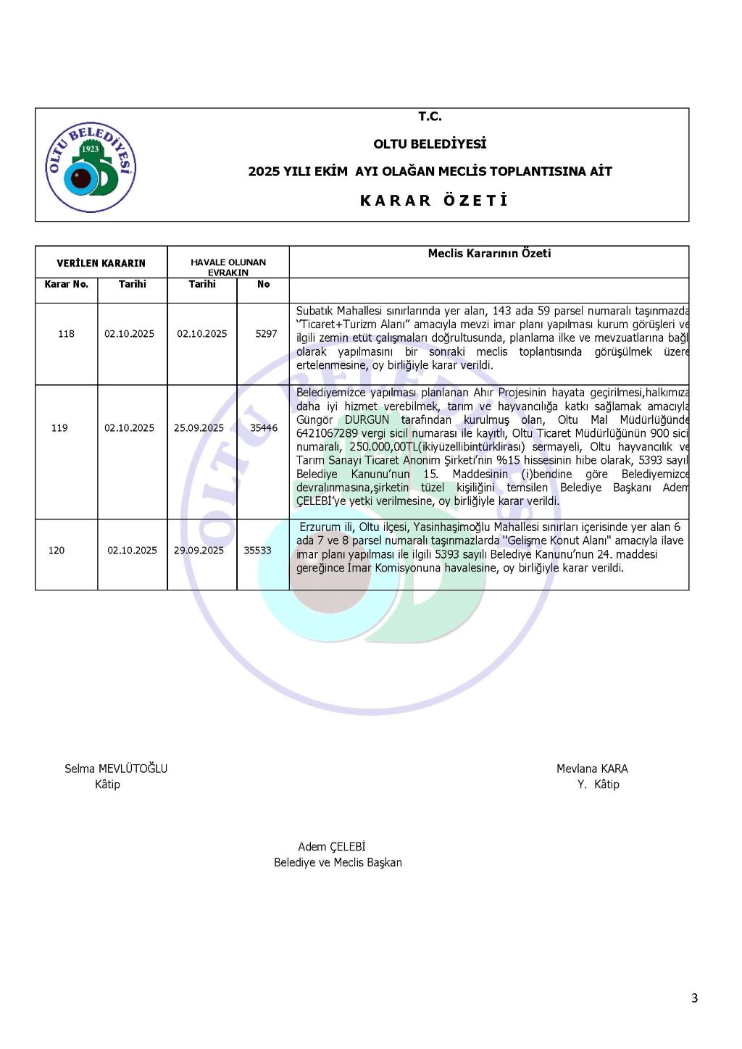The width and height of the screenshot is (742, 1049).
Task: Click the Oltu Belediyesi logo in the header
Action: pos(91,167)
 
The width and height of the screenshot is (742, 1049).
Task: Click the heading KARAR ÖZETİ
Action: pos(434,201)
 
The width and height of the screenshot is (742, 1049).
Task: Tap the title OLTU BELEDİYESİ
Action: pos(430,144)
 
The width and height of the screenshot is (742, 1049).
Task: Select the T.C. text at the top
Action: pos(430,117)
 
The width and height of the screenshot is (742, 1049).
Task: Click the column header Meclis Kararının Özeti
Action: pos(489,254)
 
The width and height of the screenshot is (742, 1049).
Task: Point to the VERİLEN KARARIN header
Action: pos(101,263)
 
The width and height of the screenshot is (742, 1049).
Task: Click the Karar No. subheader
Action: pos(67,284)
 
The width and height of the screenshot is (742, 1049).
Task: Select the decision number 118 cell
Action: pos(66,334)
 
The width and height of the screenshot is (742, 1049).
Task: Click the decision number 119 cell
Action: pos(59,428)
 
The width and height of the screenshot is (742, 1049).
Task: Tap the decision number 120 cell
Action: pos(57,551)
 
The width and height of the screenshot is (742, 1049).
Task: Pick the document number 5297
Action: pos(266,334)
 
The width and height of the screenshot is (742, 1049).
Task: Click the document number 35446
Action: pos(264,428)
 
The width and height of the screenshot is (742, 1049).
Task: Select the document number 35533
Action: pos(257,551)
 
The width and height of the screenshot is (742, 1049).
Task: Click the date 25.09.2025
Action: pos(199,428)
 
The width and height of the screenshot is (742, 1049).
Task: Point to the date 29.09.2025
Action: pos(199,551)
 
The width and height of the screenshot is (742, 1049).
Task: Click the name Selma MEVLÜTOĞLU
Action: pos(116,769)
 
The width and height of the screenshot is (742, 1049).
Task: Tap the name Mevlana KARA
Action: pos(592,769)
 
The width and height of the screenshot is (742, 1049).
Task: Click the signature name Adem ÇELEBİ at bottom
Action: pos(332,847)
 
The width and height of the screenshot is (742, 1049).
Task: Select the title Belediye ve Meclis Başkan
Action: pos(338,863)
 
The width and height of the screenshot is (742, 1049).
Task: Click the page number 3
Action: pos(694,998)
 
